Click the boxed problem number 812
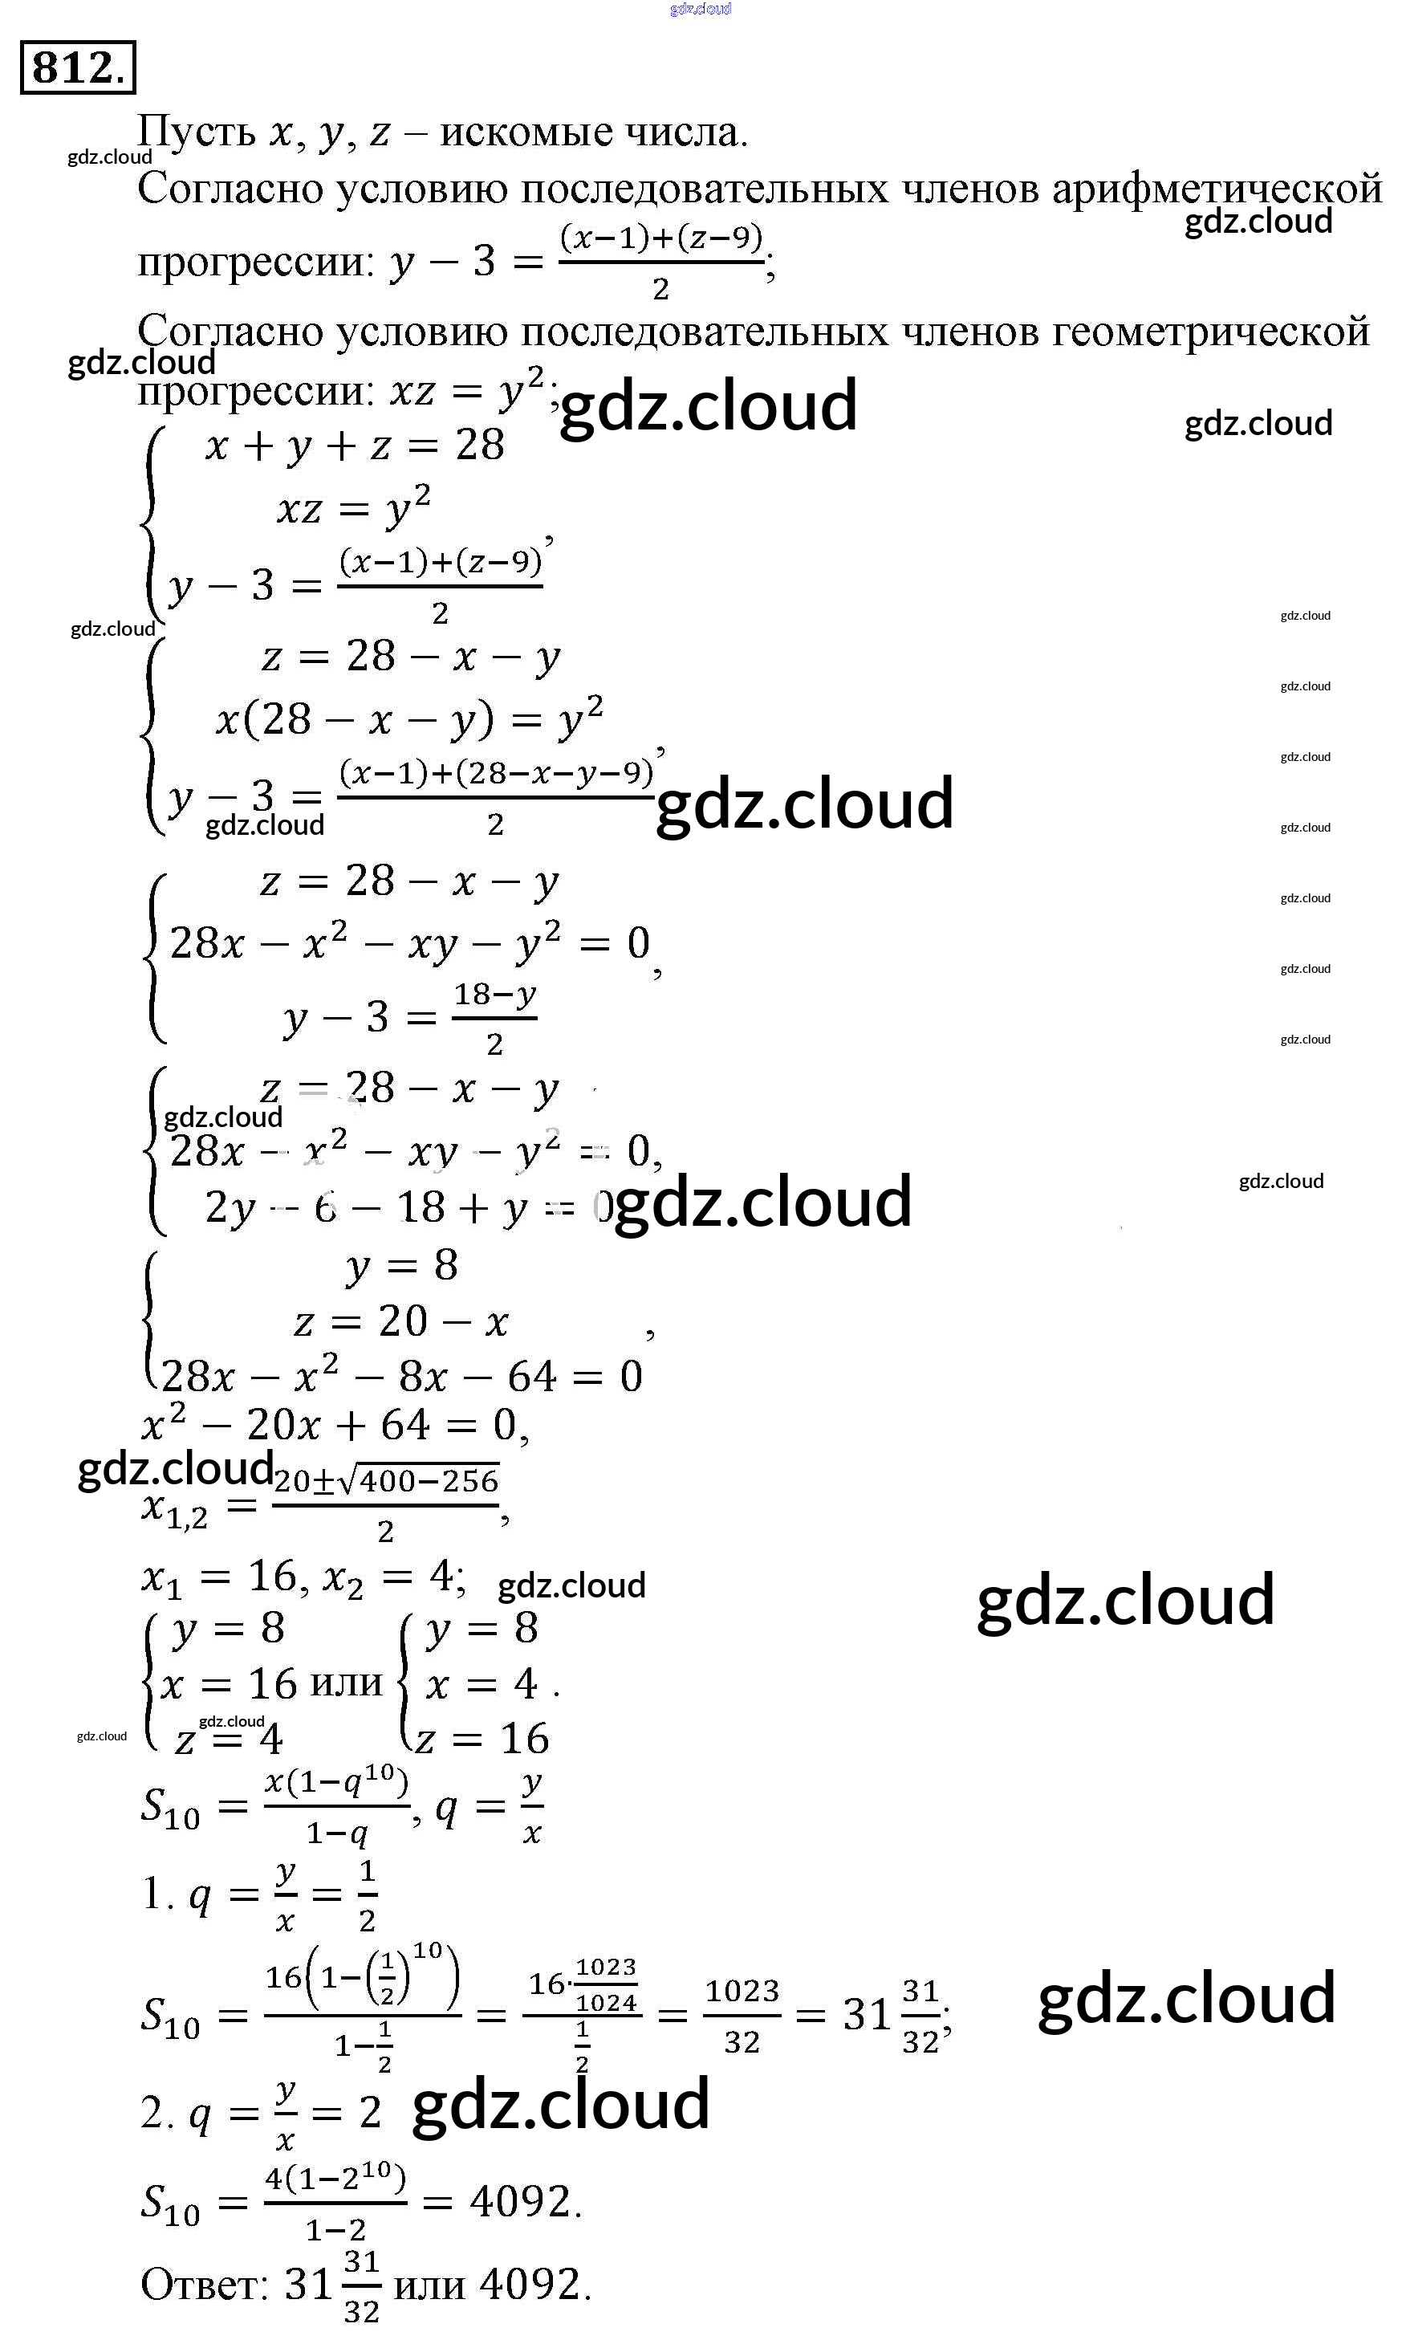pos(78,67)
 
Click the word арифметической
pos(1217,189)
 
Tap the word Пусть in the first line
pos(197,132)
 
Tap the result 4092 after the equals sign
pos(521,2201)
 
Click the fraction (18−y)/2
pos(494,1018)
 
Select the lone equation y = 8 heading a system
pos(401,1265)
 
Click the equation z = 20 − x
pos(400,1321)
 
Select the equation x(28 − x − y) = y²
pos(408,720)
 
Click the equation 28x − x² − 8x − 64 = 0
pos(401,1376)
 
